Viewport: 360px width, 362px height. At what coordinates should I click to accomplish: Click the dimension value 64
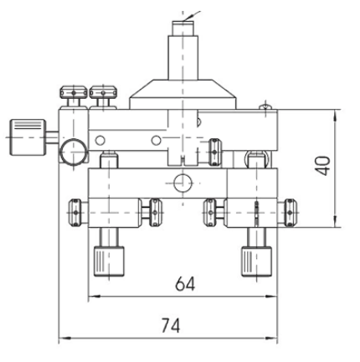[x=185, y=284]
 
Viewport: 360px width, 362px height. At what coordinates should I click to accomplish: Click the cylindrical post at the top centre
[x=183, y=51]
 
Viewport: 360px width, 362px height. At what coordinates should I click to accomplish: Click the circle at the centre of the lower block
[x=185, y=182]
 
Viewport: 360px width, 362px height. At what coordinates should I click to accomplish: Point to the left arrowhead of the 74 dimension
[x=62, y=339]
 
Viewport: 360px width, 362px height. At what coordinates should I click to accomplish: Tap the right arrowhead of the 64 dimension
[x=275, y=297]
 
